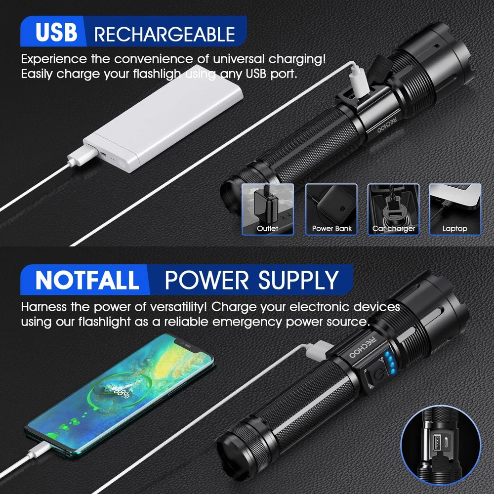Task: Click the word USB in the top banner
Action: tap(56, 32)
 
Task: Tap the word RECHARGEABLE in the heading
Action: tap(165, 35)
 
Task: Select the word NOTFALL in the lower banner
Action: tap(87, 280)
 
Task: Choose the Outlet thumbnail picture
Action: tap(267, 209)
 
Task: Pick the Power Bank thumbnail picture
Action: tap(331, 209)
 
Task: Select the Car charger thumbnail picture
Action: tap(394, 209)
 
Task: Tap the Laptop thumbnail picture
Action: tap(455, 209)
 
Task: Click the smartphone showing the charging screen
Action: tap(120, 394)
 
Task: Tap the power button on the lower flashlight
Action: tap(378, 374)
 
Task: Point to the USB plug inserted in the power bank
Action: tap(82, 154)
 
